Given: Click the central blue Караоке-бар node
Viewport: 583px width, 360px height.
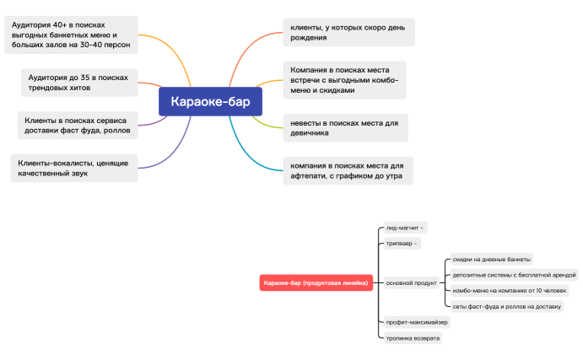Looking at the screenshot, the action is (210, 101).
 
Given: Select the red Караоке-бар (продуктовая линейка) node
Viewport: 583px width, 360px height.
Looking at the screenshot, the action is (316, 282).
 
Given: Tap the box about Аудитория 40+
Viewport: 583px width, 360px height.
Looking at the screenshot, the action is (71, 35).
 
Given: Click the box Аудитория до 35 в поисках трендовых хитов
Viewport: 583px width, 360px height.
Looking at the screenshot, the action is (79, 83).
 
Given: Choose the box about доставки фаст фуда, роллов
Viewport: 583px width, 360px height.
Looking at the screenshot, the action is (78, 126).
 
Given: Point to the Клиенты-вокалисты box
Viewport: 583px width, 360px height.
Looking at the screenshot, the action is (74, 168).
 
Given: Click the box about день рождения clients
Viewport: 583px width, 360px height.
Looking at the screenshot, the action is (348, 32).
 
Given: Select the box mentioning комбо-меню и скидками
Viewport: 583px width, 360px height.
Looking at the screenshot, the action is (345, 80).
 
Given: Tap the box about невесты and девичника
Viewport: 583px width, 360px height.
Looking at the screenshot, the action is (345, 128).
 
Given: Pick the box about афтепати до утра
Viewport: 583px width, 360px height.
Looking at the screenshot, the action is (348, 170).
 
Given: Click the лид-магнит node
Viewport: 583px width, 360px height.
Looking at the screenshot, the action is (405, 228).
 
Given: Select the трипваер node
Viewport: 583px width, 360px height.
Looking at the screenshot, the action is (402, 244).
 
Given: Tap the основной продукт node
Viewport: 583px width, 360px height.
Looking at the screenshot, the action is (412, 282).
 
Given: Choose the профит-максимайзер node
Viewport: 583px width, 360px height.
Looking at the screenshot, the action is (417, 322).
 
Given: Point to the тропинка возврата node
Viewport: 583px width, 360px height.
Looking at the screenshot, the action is (413, 338).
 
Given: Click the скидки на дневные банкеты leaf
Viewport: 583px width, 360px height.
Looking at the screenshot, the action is (492, 259).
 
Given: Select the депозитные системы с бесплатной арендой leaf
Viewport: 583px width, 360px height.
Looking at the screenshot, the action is (514, 275).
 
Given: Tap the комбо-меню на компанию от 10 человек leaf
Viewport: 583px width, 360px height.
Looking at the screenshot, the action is (510, 291).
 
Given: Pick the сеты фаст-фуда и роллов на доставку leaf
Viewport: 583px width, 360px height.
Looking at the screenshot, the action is (507, 307).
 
